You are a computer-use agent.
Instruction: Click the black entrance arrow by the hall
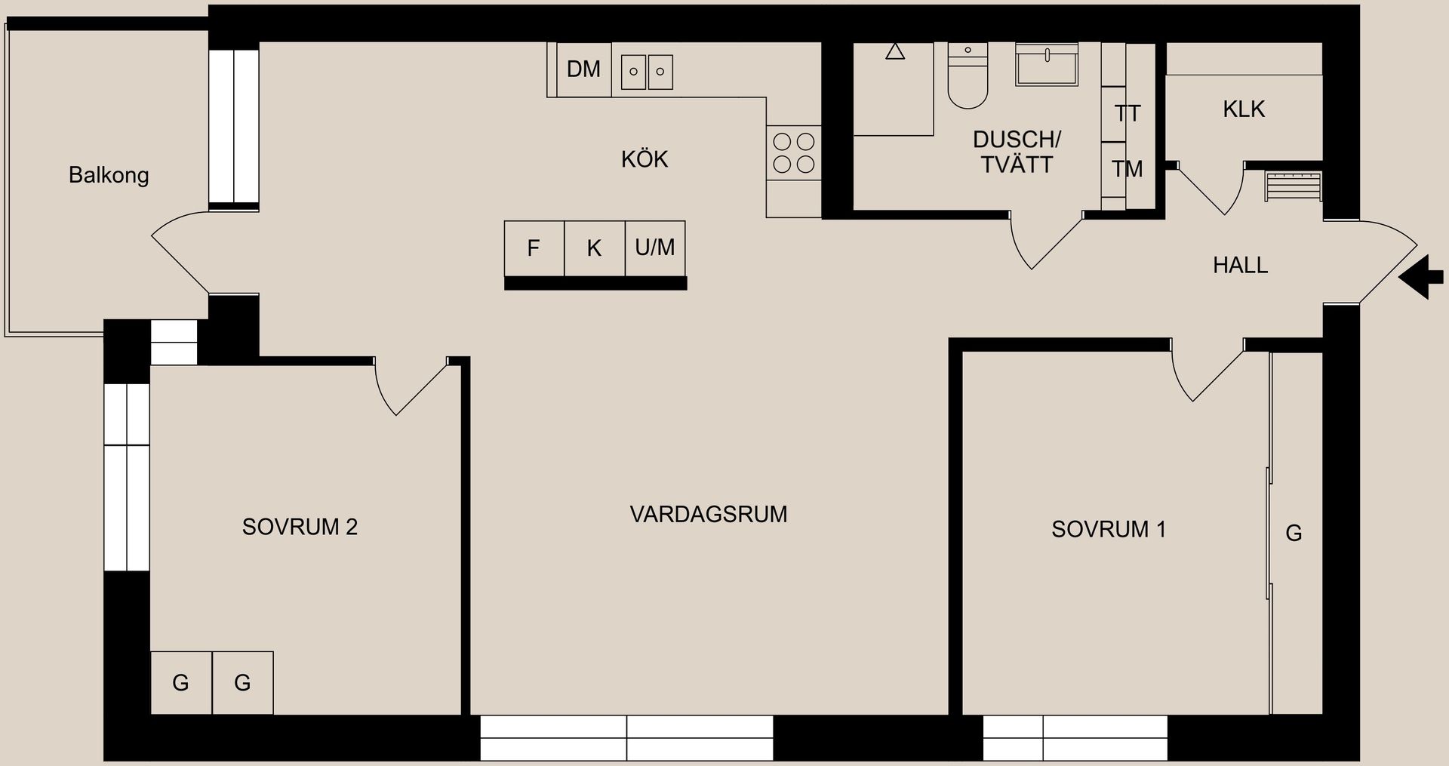[x=1423, y=277]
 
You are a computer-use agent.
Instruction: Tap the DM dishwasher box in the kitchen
[x=583, y=69]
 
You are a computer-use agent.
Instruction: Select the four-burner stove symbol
[x=794, y=152]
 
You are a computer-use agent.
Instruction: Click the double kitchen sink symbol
[x=647, y=72]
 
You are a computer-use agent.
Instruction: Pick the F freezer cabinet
[x=534, y=248]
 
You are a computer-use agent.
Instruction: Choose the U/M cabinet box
[x=655, y=248]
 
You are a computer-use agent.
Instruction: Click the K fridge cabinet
[x=594, y=248]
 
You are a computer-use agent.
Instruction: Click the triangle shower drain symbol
[x=895, y=52]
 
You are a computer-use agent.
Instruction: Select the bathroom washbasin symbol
[x=1047, y=65]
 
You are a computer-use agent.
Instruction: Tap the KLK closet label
[x=1244, y=109]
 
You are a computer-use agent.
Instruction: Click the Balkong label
[x=109, y=175]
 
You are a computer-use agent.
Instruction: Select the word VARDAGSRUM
[x=708, y=514]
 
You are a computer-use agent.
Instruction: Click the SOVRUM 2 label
[x=300, y=527]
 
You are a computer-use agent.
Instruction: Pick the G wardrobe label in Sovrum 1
[x=1294, y=534]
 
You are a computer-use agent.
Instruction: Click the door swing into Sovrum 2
[x=408, y=389]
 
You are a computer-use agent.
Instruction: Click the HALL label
[x=1240, y=265]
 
